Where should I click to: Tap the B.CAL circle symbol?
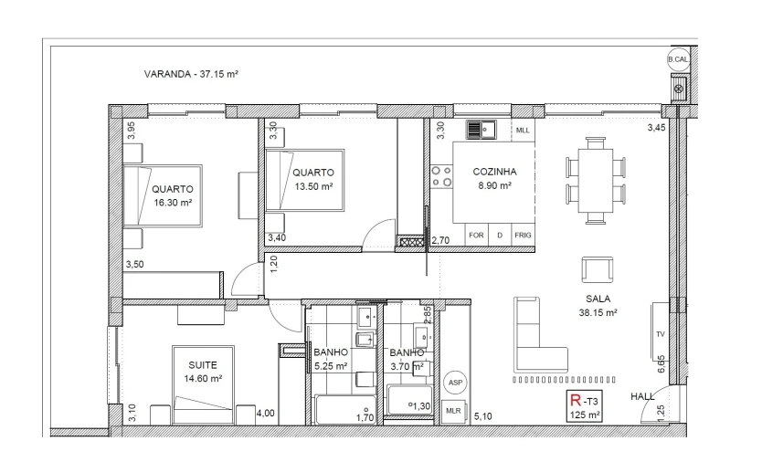click(678, 60)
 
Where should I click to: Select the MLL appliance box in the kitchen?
click(523, 131)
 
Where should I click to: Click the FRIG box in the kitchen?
click(522, 235)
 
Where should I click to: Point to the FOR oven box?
click(475, 235)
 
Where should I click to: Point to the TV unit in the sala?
click(660, 333)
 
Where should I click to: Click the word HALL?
click(644, 397)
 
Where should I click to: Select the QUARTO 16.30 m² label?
click(172, 195)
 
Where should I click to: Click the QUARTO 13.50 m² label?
click(312, 178)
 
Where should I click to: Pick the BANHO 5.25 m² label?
click(330, 359)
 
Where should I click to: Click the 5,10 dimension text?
click(483, 416)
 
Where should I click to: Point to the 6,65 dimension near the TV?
click(661, 366)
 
